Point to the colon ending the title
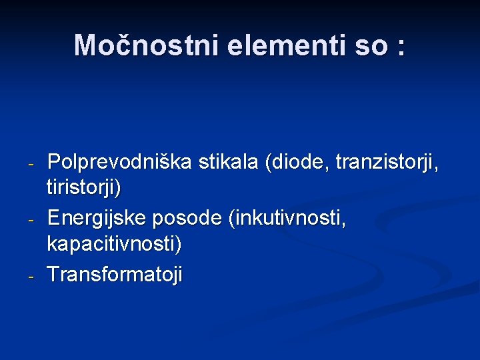pyautogui.click(x=400, y=47)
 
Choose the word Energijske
pyautogui.click(x=97, y=218)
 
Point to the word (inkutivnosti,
pyautogui.click(x=287, y=218)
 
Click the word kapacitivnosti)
pyautogui.click(x=113, y=243)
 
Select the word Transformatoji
pyautogui.click(x=115, y=274)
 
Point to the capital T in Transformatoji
pyautogui.click(x=53, y=274)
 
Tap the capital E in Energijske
pyautogui.click(x=53, y=218)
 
